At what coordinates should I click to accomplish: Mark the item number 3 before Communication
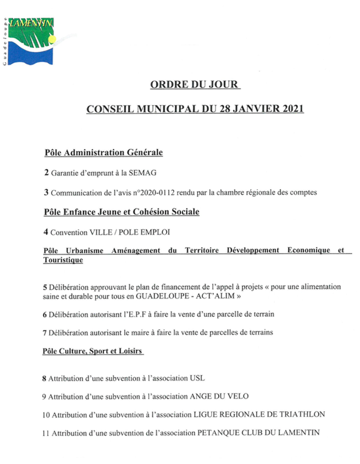tap(46, 192)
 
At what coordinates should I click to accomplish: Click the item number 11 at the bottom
tap(46, 433)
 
